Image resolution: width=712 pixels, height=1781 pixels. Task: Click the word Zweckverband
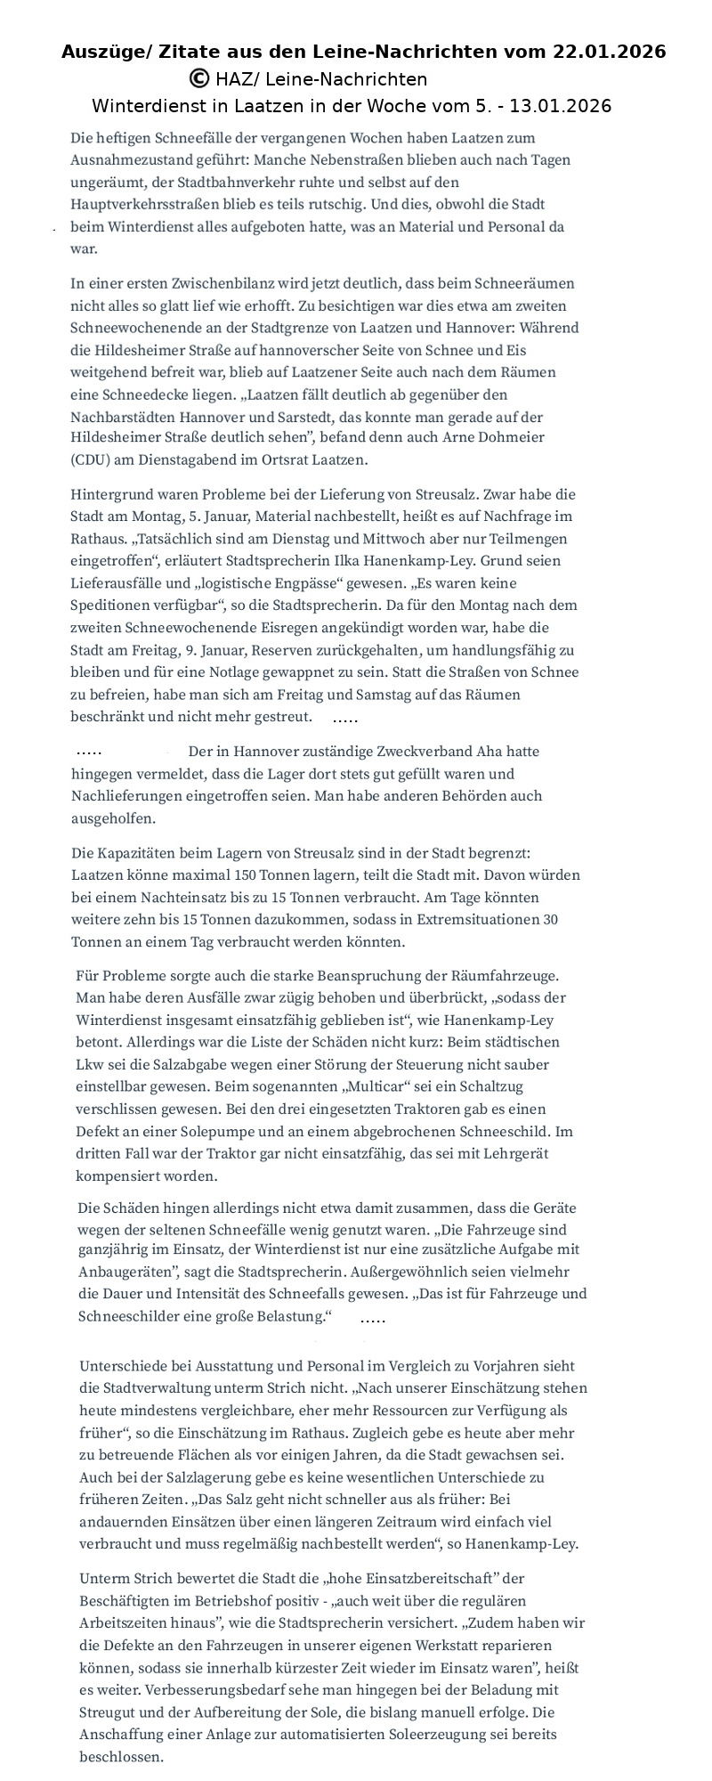pos(427,752)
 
